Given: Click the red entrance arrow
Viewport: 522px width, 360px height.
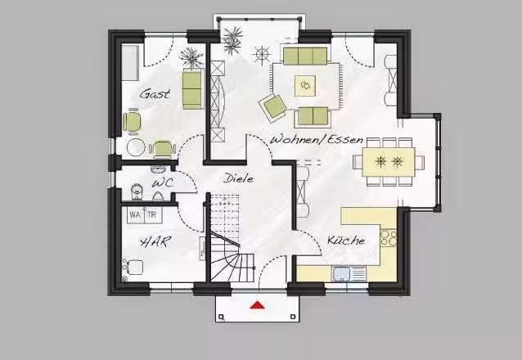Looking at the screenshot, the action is pyautogui.click(x=258, y=304).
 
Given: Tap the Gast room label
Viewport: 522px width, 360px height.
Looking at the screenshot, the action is pyautogui.click(x=155, y=93).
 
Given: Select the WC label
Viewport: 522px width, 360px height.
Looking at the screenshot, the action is pyautogui.click(x=163, y=182).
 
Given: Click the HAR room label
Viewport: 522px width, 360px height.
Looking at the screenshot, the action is pyautogui.click(x=155, y=242).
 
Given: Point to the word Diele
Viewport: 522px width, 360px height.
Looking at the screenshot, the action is pyautogui.click(x=238, y=178).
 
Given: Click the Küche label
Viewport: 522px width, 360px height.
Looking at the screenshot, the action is pyautogui.click(x=346, y=240).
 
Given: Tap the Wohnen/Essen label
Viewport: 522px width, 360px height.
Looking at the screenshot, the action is pyautogui.click(x=317, y=139).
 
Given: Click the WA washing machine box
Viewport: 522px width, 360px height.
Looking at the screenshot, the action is pyautogui.click(x=136, y=215).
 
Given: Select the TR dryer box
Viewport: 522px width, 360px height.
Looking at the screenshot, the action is pyautogui.click(x=153, y=215).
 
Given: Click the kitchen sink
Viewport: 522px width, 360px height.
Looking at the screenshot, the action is pyautogui.click(x=341, y=274).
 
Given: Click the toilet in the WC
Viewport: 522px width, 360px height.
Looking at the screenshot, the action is pyautogui.click(x=137, y=192).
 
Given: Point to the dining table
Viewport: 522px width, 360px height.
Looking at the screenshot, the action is pyautogui.click(x=388, y=162).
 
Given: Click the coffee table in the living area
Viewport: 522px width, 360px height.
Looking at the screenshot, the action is pyautogui.click(x=305, y=86).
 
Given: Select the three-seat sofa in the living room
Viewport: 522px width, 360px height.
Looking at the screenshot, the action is pyautogui.click(x=305, y=56).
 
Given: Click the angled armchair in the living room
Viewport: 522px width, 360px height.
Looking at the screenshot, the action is pyautogui.click(x=274, y=106).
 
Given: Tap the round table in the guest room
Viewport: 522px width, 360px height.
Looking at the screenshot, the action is pyautogui.click(x=136, y=147).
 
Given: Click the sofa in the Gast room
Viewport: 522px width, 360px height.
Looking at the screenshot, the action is pyautogui.click(x=192, y=88).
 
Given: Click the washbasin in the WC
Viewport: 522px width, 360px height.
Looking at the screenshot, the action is pyautogui.click(x=157, y=169).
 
